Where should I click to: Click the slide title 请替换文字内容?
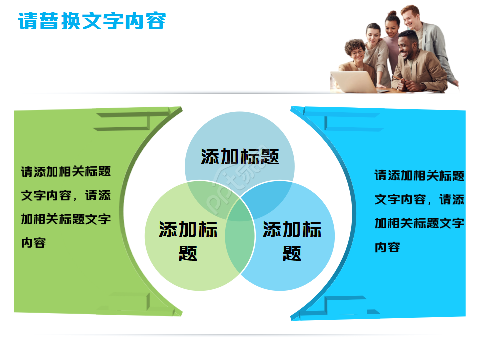click(92, 21)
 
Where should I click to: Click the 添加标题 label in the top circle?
click(240, 157)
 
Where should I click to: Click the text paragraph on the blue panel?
click(419, 211)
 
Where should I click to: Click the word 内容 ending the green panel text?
click(34, 242)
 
